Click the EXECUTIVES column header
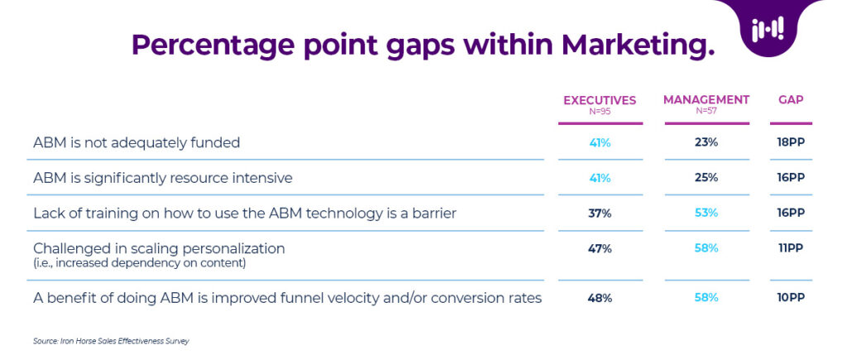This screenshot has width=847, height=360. [x=600, y=100]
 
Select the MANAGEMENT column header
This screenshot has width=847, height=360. [x=706, y=100]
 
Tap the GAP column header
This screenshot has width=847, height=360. [x=791, y=100]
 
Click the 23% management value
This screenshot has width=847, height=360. [x=706, y=142]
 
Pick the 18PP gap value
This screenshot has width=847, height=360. [x=791, y=142]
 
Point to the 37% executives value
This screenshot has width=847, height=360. [x=600, y=214]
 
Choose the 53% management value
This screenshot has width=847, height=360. [x=706, y=214]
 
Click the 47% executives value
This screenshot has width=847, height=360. [x=600, y=248]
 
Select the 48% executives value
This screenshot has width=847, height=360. [x=600, y=298]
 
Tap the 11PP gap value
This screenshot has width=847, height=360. [x=791, y=248]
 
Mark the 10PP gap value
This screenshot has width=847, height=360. [x=791, y=298]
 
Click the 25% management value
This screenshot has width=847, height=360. [x=706, y=178]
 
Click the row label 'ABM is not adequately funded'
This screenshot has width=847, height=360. [x=136, y=142]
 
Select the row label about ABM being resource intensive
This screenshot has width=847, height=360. [x=163, y=178]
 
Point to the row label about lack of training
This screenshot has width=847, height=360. [x=245, y=214]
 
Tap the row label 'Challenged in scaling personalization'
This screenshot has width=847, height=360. [x=159, y=248]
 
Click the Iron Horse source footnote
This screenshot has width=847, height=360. [x=112, y=340]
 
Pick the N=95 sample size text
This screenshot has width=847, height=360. [x=600, y=111]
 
